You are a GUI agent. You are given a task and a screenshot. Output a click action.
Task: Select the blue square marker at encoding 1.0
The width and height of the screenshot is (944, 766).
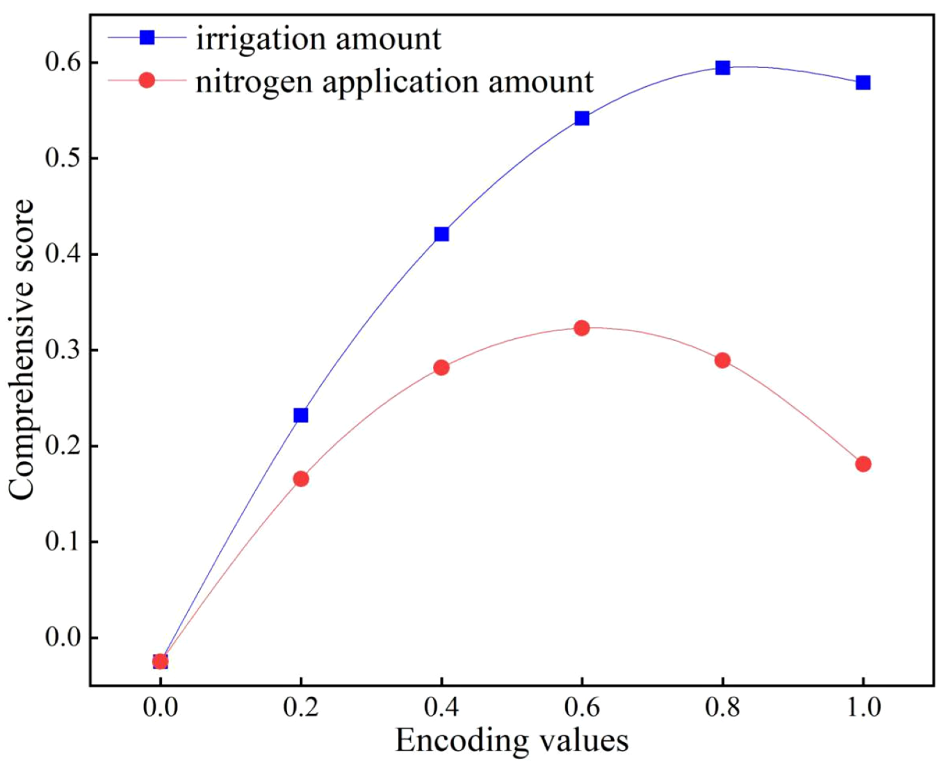863,83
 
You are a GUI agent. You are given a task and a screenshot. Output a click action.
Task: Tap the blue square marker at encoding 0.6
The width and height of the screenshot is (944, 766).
582,118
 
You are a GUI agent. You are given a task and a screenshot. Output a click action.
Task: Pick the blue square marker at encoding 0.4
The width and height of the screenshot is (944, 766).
441,234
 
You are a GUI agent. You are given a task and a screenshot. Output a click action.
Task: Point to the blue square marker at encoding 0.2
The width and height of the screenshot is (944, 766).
301,415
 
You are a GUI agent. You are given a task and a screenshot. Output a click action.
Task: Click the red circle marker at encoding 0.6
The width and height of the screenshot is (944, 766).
582,328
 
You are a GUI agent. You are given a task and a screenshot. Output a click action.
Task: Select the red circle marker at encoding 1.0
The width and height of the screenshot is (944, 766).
863,464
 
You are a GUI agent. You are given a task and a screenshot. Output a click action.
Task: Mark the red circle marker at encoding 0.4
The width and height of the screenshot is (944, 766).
441,367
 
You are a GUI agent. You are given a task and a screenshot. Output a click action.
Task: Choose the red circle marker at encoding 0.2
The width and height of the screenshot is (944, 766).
301,479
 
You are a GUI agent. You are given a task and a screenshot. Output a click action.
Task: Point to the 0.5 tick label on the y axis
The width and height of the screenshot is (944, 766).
62,159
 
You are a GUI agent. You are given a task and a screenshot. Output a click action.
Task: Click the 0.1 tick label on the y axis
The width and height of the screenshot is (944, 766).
62,542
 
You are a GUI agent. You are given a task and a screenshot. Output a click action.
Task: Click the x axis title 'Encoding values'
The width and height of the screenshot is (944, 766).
512,741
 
